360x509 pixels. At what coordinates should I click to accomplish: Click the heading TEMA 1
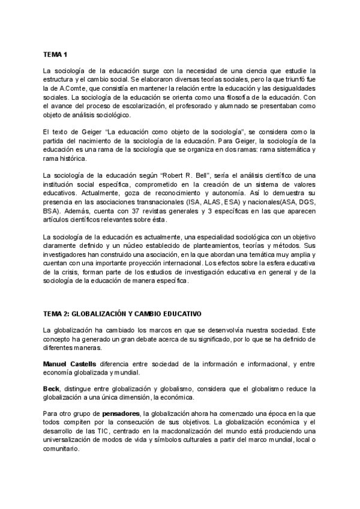click(55, 53)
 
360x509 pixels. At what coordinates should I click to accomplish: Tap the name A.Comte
click(66, 88)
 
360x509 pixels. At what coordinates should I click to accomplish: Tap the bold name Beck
click(51, 390)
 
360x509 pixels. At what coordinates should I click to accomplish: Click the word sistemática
click(292, 149)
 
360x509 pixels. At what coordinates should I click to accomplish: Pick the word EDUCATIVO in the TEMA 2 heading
click(181, 313)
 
